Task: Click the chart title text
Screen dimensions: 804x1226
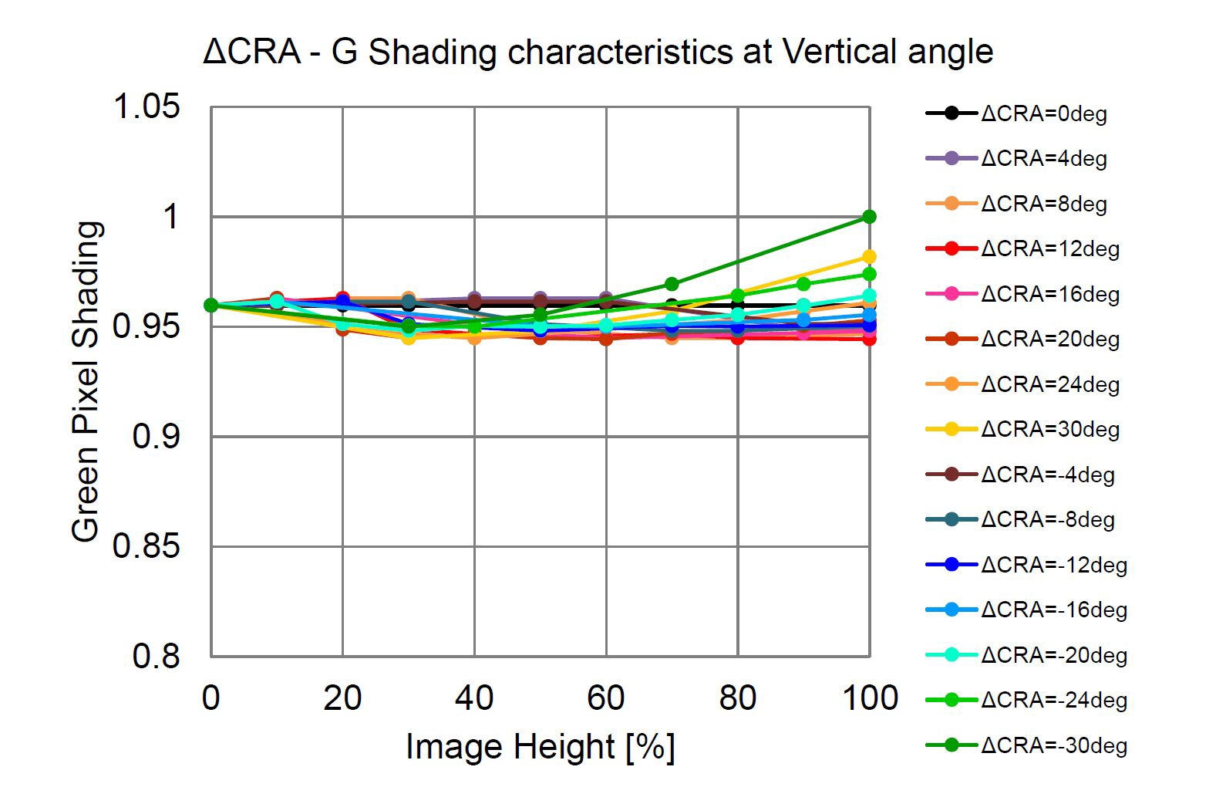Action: [598, 52]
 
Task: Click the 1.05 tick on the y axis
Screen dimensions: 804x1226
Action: [147, 106]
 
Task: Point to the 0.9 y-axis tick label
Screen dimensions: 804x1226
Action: [156, 437]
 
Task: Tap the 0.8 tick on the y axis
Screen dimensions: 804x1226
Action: [156, 657]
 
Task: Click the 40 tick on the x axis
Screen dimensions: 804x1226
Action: [474, 698]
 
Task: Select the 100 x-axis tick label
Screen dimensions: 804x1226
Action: [870, 698]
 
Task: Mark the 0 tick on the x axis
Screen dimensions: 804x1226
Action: [211, 698]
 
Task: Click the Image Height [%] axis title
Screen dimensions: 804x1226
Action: [540, 747]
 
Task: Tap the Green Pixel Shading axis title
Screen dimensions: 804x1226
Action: [86, 382]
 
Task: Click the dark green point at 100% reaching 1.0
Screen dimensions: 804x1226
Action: [869, 217]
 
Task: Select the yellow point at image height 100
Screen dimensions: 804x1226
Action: [869, 256]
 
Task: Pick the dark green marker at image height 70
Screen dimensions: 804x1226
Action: [672, 284]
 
